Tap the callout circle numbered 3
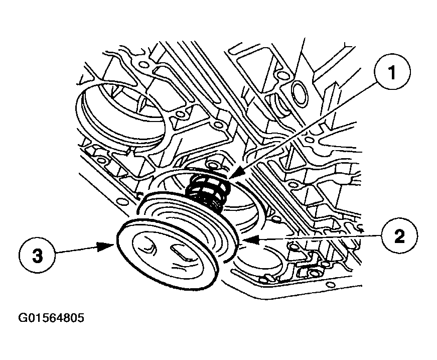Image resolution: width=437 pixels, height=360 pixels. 37,255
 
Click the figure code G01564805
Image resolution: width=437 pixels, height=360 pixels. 51,318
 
